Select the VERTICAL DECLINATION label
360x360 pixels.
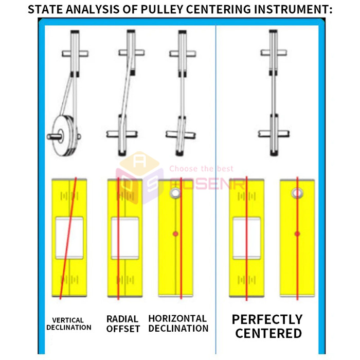69,323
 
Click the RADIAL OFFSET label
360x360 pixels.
123,323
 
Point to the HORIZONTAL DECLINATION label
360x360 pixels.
178,323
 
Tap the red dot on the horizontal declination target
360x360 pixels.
175,234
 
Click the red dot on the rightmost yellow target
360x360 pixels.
297,234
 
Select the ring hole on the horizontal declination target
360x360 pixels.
174,193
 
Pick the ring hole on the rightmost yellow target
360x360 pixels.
297,193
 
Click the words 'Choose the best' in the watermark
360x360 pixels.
201,168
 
